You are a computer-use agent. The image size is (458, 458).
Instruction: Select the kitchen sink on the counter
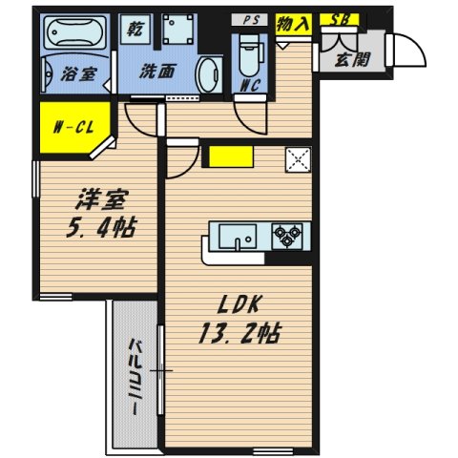tap(239, 235)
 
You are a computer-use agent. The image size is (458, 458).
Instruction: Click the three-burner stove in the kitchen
tap(286, 233)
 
